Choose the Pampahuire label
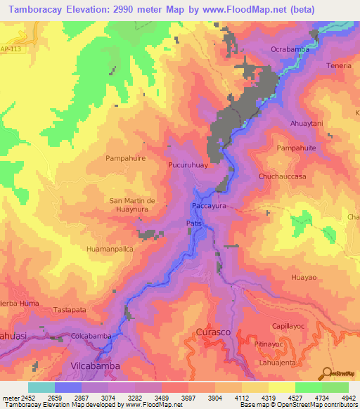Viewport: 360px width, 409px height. [x=125, y=159]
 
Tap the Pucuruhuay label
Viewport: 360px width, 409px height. [x=187, y=166]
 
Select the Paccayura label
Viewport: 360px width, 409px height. [x=209, y=207]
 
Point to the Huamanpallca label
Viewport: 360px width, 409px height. [x=109, y=249]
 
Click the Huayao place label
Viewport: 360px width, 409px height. [x=303, y=278]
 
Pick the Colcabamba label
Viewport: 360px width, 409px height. [x=91, y=336]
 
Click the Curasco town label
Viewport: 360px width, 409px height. [x=212, y=330]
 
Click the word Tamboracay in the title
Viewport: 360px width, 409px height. [x=44, y=9]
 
